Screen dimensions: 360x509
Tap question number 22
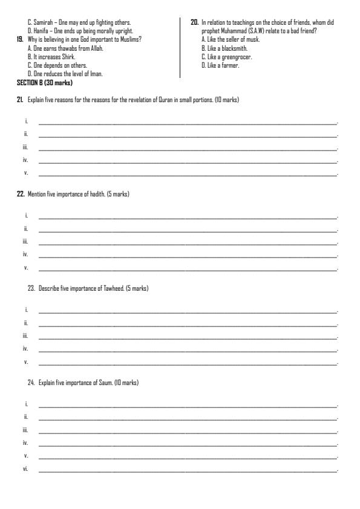pyautogui.click(x=20, y=194)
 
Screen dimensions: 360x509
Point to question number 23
pyautogui.click(x=31, y=289)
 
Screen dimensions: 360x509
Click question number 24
pyautogui.click(x=31, y=383)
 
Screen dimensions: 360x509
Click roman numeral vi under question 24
pyautogui.click(x=25, y=470)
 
